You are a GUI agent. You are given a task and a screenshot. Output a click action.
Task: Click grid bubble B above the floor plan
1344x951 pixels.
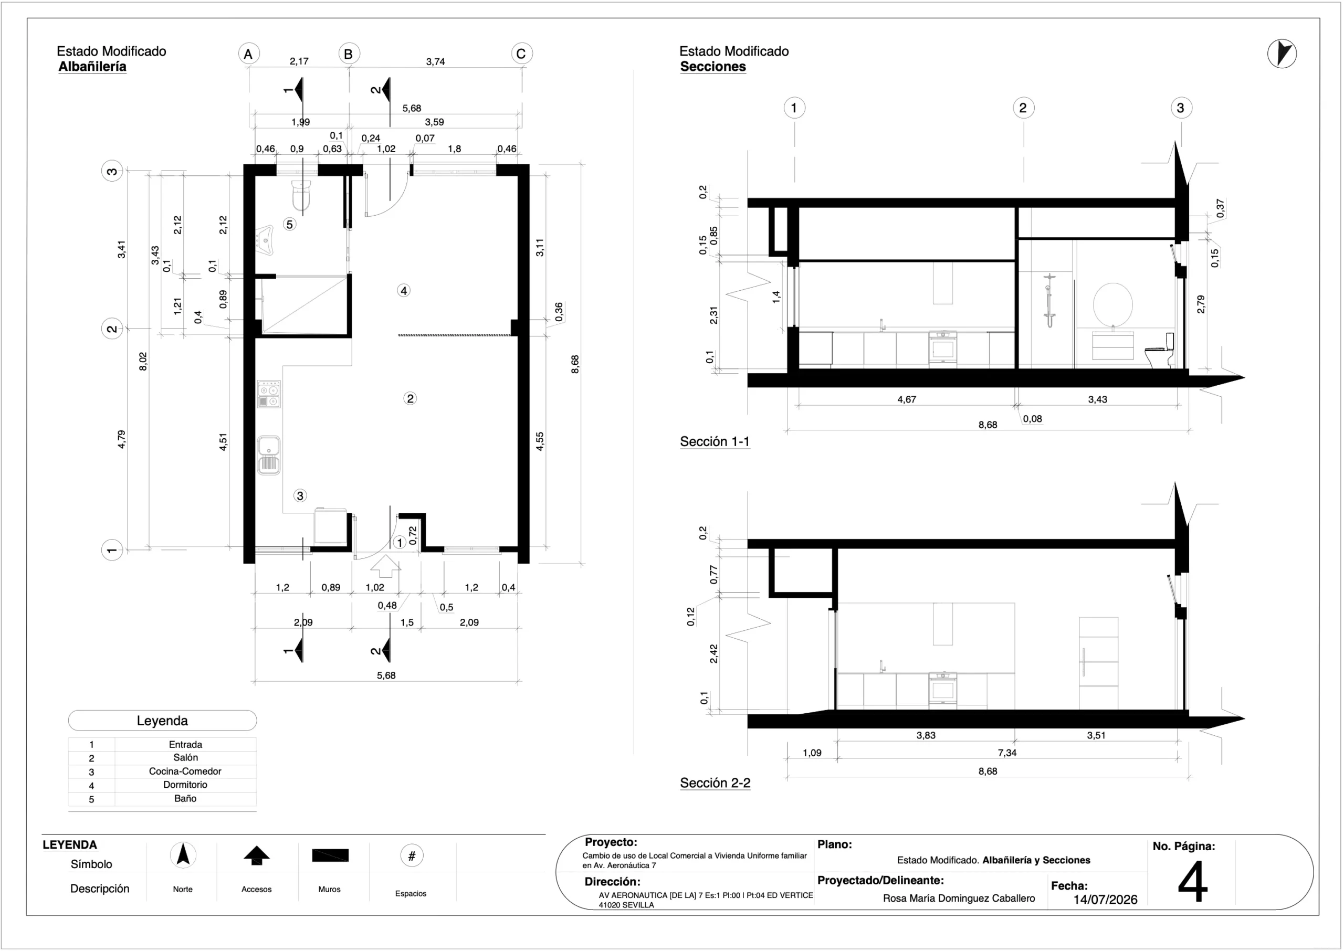coord(349,54)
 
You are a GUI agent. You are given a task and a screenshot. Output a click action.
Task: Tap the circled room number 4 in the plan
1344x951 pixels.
coord(404,290)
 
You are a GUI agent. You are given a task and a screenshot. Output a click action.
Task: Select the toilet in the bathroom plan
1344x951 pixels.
coord(301,196)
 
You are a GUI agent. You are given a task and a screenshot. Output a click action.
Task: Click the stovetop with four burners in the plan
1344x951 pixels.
coord(269,394)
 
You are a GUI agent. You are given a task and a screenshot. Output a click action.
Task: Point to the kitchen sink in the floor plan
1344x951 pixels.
coord(269,455)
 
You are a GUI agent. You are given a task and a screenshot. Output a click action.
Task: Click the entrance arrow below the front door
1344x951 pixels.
coord(386,566)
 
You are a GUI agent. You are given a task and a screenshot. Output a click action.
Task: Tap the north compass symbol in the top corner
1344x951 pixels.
coord(1282,54)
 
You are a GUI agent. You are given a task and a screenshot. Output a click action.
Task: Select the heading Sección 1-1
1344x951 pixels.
coord(715,441)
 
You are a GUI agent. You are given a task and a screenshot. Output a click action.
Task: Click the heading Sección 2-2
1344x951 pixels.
coord(715,783)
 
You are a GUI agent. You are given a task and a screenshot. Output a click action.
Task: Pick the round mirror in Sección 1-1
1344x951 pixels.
coord(1112,304)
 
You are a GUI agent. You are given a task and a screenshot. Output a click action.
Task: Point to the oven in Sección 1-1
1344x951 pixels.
coord(943,349)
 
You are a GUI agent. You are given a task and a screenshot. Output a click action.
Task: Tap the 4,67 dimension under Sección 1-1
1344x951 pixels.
coord(907,399)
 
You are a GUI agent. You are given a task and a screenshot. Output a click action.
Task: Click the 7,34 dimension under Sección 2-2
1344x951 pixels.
coord(1007,753)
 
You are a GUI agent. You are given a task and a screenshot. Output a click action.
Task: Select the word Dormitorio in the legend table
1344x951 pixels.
coord(185,785)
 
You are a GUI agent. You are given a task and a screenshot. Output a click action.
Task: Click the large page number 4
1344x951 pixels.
coord(1193,881)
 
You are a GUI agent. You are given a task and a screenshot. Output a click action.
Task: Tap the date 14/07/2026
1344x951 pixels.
coord(1105,900)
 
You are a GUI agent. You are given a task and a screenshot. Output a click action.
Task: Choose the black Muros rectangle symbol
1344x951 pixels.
coord(330,855)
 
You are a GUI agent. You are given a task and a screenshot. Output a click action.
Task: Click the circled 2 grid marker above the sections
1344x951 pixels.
coord(1024,108)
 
